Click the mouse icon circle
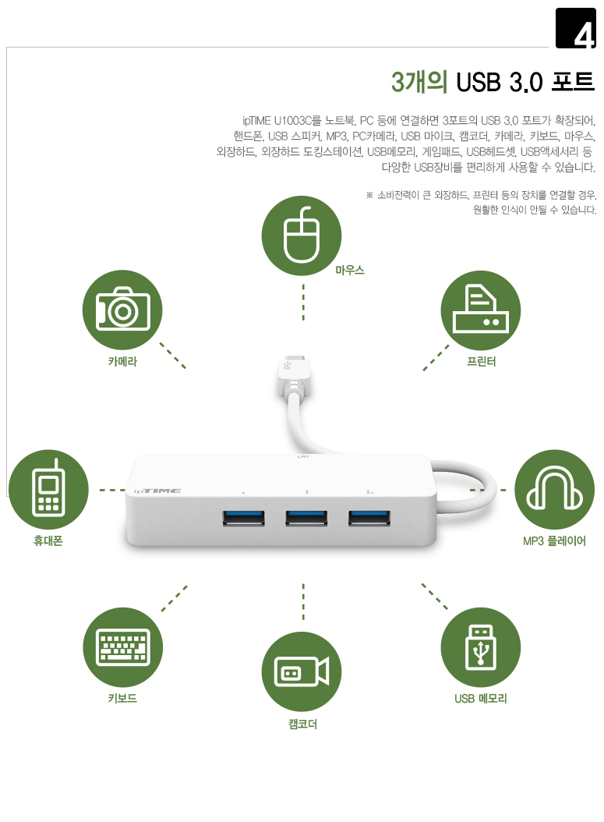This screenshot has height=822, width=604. [301, 236]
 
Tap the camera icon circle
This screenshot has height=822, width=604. [122, 310]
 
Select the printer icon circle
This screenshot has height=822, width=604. [480, 310]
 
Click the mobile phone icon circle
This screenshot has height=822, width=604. [48, 489]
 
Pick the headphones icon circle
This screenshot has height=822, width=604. [554, 489]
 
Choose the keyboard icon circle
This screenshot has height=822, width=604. [122, 647]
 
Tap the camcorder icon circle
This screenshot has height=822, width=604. [301, 671]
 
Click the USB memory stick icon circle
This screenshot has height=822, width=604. [480, 647]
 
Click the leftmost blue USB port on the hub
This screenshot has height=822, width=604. [243, 518]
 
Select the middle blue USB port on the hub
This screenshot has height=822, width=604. [306, 518]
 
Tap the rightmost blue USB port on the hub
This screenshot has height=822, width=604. [369, 518]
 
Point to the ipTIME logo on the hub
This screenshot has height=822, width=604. [157, 491]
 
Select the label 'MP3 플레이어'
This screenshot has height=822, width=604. [554, 541]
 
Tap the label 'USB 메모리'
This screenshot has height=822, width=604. [480, 698]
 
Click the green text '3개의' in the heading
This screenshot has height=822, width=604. [419, 83]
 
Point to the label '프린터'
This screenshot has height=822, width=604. [481, 362]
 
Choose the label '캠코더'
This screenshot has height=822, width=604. [303, 724]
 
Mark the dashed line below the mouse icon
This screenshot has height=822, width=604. [303, 303]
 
